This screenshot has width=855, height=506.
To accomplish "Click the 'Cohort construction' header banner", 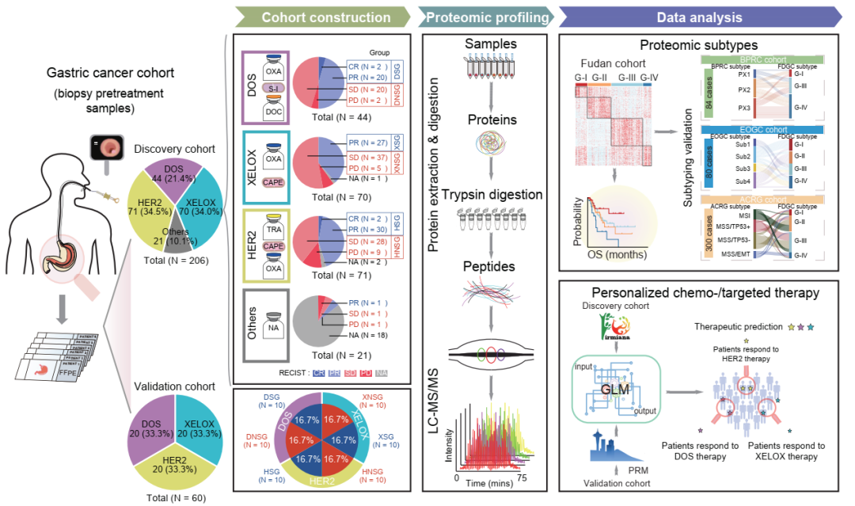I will (325, 17).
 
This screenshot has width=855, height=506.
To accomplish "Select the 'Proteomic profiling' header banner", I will (487, 17).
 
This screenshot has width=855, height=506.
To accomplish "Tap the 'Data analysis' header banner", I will (699, 17).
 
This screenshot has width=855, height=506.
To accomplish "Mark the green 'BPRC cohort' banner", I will (763, 59).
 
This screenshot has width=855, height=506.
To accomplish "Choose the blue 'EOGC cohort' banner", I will (763, 129).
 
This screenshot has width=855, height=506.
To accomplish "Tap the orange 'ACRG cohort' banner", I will (763, 201).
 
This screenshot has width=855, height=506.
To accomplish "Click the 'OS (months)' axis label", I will (615, 255).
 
